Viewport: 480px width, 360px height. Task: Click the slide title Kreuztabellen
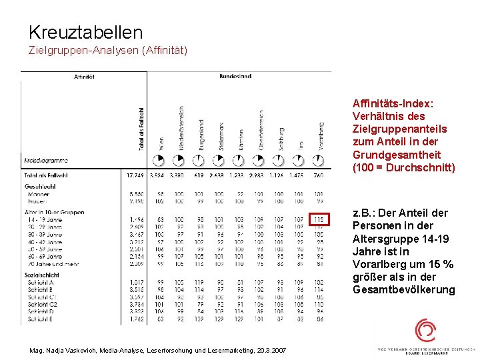[85, 32]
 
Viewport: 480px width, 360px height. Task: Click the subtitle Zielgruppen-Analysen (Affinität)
[107, 51]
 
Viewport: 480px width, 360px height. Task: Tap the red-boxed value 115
[318, 219]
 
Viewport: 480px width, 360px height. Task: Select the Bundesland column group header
[235, 77]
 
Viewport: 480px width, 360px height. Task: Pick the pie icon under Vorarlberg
[319, 160]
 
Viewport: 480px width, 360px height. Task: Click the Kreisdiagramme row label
[46, 161]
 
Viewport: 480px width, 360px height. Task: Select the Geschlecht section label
[41, 187]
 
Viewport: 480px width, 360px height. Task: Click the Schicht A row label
[41, 282]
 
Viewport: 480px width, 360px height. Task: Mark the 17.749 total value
[135, 175]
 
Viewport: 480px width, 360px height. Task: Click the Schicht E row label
[41, 319]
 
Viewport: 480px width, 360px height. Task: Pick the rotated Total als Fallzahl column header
[141, 127]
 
